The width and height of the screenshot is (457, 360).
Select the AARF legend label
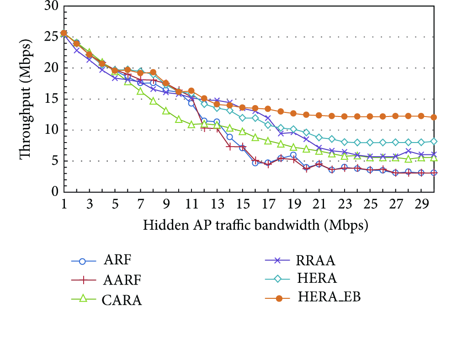coord(122,280)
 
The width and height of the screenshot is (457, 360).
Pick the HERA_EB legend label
coord(329,297)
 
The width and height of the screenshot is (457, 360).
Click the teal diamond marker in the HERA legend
coord(278,279)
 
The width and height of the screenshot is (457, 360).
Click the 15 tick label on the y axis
coord(52,99)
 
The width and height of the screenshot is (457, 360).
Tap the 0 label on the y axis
coord(55,192)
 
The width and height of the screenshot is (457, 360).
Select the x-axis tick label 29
coord(421,204)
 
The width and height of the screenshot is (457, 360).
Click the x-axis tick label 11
coord(191,204)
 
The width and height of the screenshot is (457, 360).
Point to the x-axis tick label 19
coord(293,204)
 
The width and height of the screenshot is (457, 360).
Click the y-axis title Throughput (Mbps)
coord(25,100)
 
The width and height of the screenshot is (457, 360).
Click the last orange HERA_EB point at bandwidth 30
coord(434,117)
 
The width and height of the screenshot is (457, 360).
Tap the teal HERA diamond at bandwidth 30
coord(434,142)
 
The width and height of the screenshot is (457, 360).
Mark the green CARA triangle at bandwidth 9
coord(166,111)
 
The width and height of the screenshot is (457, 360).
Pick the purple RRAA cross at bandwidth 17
coord(268,118)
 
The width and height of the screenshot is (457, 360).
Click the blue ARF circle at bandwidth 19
coord(293,155)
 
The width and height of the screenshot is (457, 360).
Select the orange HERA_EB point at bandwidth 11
coord(191,91)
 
